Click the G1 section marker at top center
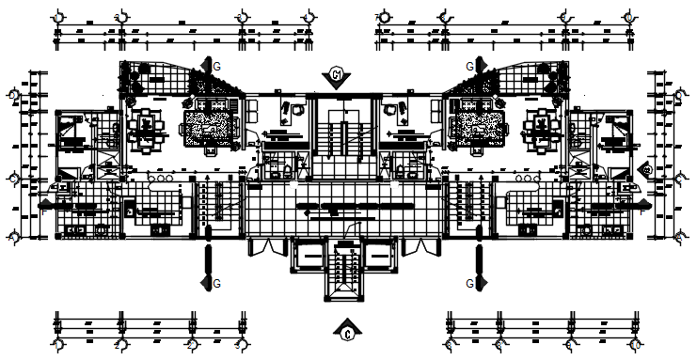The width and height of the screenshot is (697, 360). pos(337,75)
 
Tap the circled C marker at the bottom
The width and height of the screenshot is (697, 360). pos(347,331)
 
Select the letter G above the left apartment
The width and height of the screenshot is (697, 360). pos(217,67)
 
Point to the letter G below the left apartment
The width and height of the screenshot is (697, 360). pos(217,282)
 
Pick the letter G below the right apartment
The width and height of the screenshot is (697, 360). pos(470,282)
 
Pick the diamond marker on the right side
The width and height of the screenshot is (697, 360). pos(646,169)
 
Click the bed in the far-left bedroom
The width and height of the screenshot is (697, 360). pos(71,131)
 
